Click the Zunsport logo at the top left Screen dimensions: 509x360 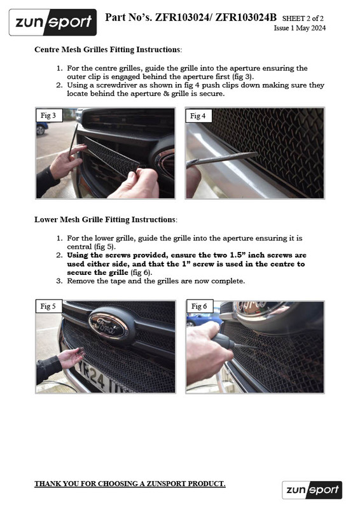tap(53, 22)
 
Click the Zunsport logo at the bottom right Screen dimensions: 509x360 tap(312, 489)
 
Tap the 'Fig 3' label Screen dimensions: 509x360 tap(48, 116)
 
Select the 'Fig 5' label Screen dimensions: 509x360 tap(48, 307)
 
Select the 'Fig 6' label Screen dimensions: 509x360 tap(198, 307)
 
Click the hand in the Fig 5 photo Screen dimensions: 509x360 tap(69, 358)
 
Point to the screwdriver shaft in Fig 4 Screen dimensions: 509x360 tap(223, 158)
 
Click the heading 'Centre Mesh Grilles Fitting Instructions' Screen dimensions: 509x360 tap(107, 49)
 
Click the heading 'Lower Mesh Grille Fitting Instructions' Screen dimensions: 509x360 tap(106, 220)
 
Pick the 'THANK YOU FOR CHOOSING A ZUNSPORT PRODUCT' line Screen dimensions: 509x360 tap(130, 484)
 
